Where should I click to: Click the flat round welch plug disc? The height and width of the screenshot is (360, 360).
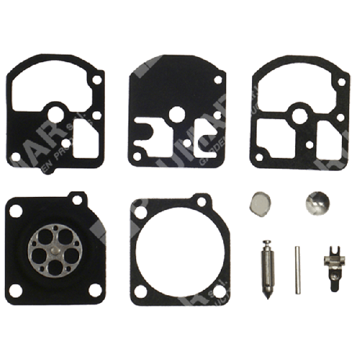[260, 204]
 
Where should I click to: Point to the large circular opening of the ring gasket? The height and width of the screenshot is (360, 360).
[180, 252]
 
